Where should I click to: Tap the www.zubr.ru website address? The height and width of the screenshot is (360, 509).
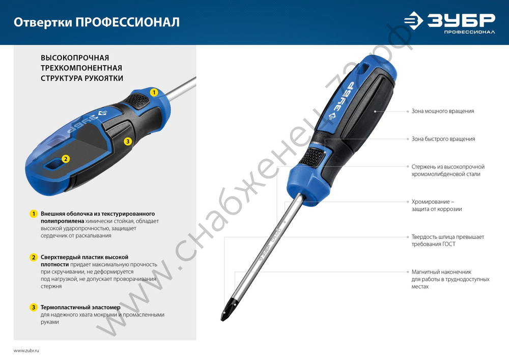pos(26,351)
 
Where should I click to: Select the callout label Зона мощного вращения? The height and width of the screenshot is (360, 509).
pos(443,111)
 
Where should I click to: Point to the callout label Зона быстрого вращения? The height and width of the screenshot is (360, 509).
pos(443,139)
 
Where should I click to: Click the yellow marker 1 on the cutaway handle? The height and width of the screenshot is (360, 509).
pos(154,93)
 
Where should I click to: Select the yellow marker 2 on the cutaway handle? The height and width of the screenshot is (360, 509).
pos(65,159)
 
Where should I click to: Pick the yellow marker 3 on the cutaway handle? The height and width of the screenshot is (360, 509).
pos(128,141)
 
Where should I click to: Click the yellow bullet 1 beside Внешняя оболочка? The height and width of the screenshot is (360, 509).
pos(34,213)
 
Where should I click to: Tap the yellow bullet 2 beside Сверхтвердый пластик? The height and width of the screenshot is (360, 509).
pos(34,257)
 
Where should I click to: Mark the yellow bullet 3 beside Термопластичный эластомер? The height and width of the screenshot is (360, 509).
pos(34,308)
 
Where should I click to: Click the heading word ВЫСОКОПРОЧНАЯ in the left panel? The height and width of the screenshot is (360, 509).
pos(75,58)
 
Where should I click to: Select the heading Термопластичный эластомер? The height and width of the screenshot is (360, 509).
pos(80,308)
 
